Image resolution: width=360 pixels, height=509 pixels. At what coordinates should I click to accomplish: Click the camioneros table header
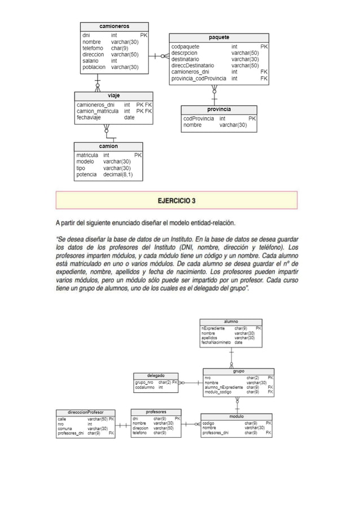point(115,26)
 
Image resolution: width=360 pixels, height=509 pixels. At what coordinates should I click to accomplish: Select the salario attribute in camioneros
point(90,61)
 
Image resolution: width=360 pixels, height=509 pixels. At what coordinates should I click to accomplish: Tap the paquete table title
point(219,37)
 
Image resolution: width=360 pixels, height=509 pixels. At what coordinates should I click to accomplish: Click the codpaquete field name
point(185,47)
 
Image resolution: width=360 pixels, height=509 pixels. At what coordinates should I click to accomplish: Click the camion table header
point(108,146)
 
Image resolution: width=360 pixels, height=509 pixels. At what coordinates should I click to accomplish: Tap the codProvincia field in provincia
point(198,119)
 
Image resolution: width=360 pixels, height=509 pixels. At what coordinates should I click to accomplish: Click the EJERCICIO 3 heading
point(177,200)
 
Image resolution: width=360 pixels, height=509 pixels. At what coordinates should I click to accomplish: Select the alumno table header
point(231,321)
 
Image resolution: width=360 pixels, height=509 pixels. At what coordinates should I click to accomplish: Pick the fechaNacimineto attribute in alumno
point(216,343)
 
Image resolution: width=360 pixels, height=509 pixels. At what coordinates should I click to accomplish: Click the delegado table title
point(156,375)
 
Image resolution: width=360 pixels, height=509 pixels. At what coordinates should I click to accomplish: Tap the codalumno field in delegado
point(144,387)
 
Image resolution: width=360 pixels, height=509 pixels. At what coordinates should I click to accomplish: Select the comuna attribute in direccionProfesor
point(65,428)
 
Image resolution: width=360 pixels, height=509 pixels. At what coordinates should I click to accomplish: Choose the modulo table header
point(236,416)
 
